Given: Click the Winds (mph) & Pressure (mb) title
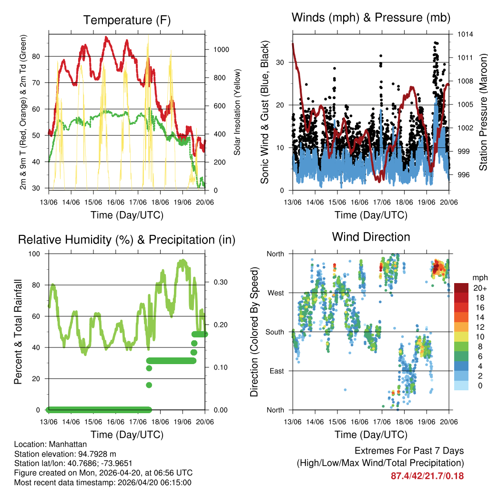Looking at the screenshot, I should pos(371,18).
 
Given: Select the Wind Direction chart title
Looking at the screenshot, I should pos(371,236).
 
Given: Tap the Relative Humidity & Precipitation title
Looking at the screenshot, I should pos(127,240).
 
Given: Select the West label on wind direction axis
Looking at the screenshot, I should pos(275,293).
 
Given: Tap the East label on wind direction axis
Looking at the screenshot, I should pos(276,371).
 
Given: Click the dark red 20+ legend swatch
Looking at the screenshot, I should pos(461,287).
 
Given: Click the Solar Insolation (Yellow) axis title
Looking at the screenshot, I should pos(237,112).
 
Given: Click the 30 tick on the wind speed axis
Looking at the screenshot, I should pos(280,62).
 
